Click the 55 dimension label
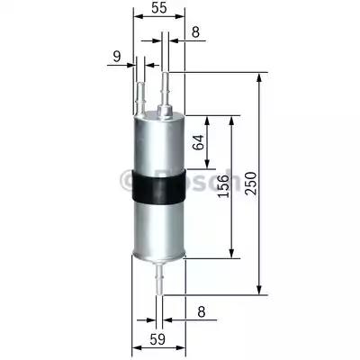tap(157, 10)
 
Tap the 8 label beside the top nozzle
tap(196, 33)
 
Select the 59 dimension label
tap(157, 341)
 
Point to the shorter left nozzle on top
tap(139, 94)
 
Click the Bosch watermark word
tap(193, 180)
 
